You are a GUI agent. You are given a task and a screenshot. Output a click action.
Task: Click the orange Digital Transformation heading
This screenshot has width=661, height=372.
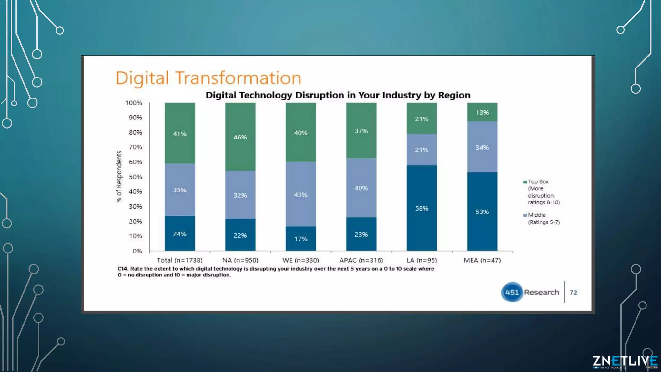coord(208,78)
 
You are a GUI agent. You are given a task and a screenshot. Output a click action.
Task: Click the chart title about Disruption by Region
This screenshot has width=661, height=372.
coord(338,95)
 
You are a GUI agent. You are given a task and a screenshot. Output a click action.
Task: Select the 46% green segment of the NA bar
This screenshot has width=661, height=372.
coord(240,137)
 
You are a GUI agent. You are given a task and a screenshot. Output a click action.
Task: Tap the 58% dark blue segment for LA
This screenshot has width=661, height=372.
coord(422,208)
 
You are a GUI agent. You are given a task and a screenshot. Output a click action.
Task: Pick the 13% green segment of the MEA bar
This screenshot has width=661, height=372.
coord(482,112)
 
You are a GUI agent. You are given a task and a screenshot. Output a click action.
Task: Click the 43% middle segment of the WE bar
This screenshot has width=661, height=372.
coord(300,195)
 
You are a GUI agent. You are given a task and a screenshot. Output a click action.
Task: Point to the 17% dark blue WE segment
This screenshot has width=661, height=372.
coord(300,239)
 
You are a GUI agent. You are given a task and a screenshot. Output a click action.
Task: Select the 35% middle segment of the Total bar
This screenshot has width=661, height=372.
coord(179,190)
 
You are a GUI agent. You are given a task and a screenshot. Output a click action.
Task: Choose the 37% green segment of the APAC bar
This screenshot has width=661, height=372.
coord(361,131)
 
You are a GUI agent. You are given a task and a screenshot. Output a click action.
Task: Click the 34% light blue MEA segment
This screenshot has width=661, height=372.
coord(482,147)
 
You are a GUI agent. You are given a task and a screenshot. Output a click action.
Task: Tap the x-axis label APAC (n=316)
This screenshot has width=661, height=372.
coord(361,260)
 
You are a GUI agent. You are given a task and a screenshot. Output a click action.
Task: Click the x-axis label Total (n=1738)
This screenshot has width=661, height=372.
coord(179,260)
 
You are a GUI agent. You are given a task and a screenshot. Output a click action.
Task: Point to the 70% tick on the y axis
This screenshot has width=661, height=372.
coord(136,147)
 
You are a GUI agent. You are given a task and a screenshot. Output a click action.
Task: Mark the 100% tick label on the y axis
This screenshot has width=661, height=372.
coord(134,103)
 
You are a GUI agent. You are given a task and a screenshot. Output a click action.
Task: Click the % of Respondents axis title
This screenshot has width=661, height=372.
coord(119,177)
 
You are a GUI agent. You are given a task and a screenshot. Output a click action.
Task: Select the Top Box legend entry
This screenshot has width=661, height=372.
coord(541,192)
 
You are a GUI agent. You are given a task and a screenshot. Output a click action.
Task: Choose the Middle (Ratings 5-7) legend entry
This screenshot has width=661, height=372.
coord(541,219)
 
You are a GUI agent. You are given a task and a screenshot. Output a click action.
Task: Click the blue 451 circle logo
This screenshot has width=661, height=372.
coord(512,292)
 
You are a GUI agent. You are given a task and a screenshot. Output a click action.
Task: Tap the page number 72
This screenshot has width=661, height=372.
coord(573,293)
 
